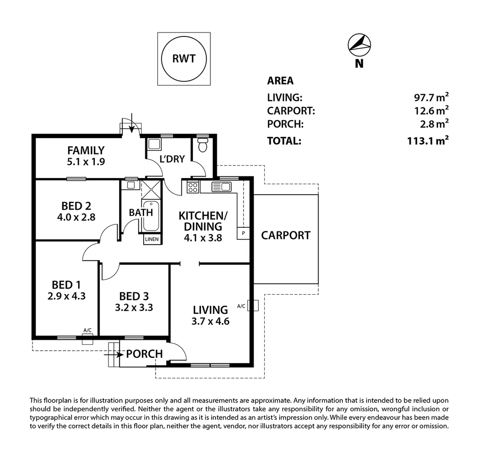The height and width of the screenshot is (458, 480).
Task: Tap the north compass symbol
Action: coord(359,45)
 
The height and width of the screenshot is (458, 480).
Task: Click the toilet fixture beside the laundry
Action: coord(203,145)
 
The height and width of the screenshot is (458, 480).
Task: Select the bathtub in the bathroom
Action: coord(151,215)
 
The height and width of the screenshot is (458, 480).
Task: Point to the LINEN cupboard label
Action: coord(152,239)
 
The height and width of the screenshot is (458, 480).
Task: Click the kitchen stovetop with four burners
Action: coord(193,187)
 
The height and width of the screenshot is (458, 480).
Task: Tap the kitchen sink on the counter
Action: coord(221,187)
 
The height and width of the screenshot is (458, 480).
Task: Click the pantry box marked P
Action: coord(243,233)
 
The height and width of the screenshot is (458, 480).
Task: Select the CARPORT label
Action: coord(286,235)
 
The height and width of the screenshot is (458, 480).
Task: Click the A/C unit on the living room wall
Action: coord(253,305)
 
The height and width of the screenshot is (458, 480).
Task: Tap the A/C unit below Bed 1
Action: coord(88,339)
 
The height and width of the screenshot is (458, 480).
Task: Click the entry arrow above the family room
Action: coord(132,123)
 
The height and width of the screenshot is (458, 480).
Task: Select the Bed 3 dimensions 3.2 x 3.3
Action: coord(134,307)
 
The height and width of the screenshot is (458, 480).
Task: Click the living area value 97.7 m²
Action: coord(431,97)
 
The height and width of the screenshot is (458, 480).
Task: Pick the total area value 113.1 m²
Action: coord(428,141)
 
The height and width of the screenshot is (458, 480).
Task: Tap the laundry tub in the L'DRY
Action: coord(154,144)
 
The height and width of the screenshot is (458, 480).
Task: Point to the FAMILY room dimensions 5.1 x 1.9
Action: coord(86,162)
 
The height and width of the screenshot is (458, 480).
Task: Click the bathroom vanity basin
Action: coord(131,185)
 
